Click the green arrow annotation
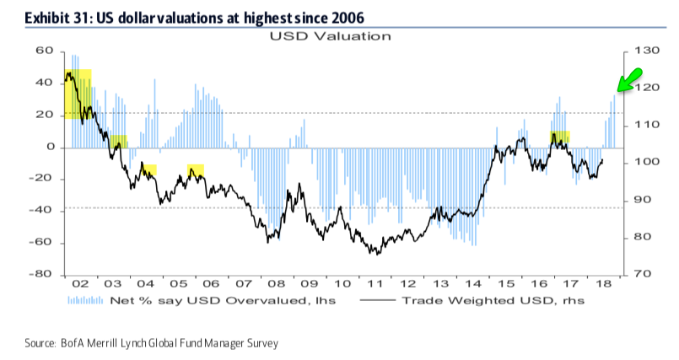tap(626, 80)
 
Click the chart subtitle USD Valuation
tap(330, 36)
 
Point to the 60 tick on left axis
tap(45, 51)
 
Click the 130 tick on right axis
tap(641, 51)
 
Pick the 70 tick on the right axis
tap(639, 275)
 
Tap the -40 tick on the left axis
tap(42, 211)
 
